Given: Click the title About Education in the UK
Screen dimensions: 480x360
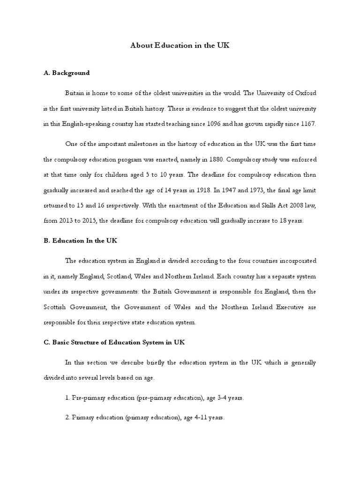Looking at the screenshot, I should (x=180, y=46).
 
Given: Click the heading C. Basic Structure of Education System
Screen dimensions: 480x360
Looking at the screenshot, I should (x=114, y=342).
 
